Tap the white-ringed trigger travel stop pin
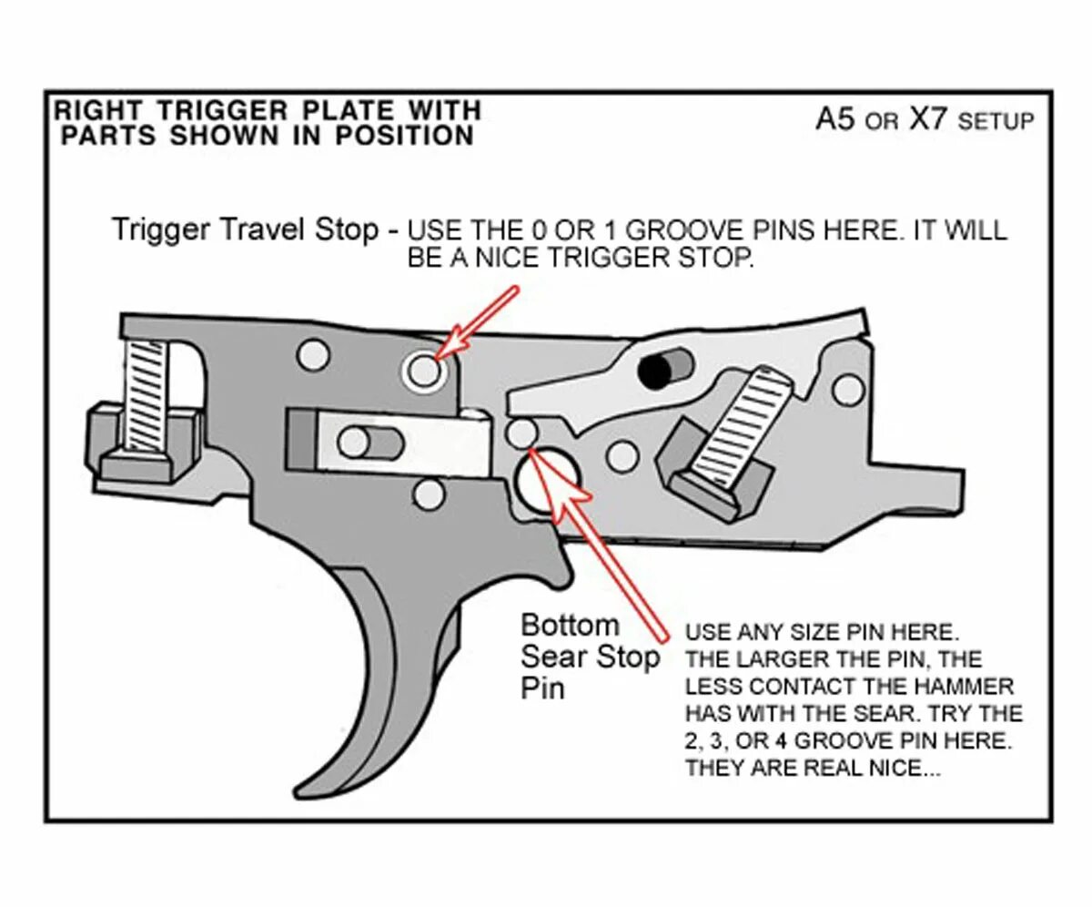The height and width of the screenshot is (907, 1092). [x=423, y=370]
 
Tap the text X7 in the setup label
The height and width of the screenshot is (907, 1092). [x=928, y=120]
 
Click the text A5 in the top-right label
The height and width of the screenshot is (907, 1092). [x=834, y=120]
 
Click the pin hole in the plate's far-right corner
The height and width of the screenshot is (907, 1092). [x=849, y=389]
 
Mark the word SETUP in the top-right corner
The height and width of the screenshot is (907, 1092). [x=996, y=122]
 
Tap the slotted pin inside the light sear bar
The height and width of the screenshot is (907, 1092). [x=370, y=443]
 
